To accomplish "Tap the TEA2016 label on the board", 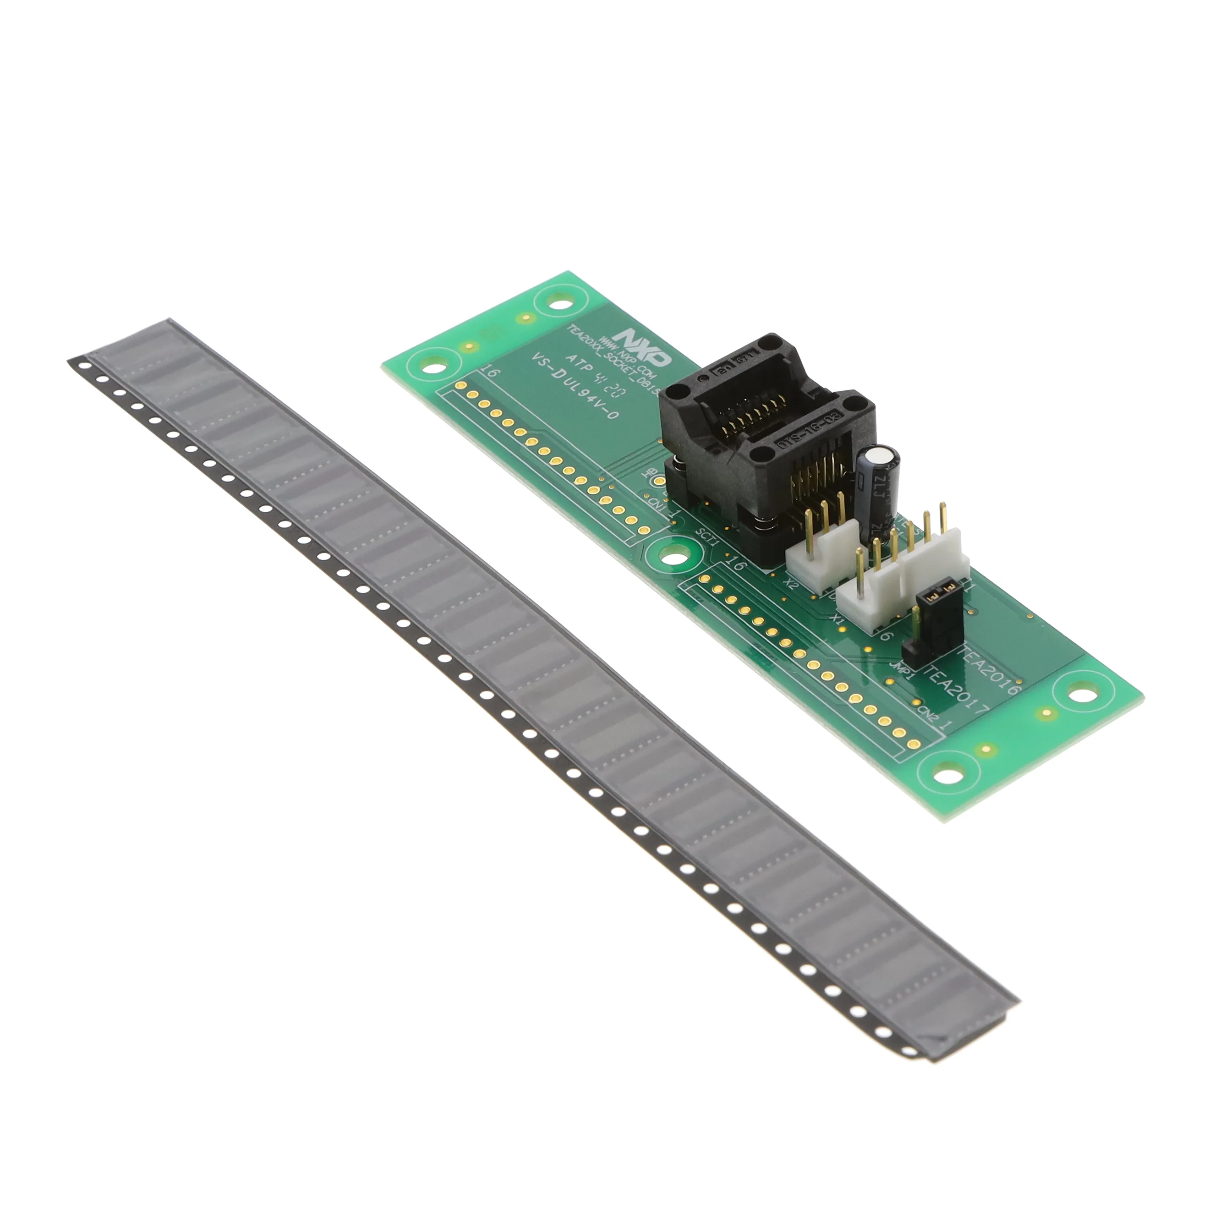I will [x=991, y=670].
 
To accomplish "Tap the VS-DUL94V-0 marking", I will [x=576, y=396].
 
